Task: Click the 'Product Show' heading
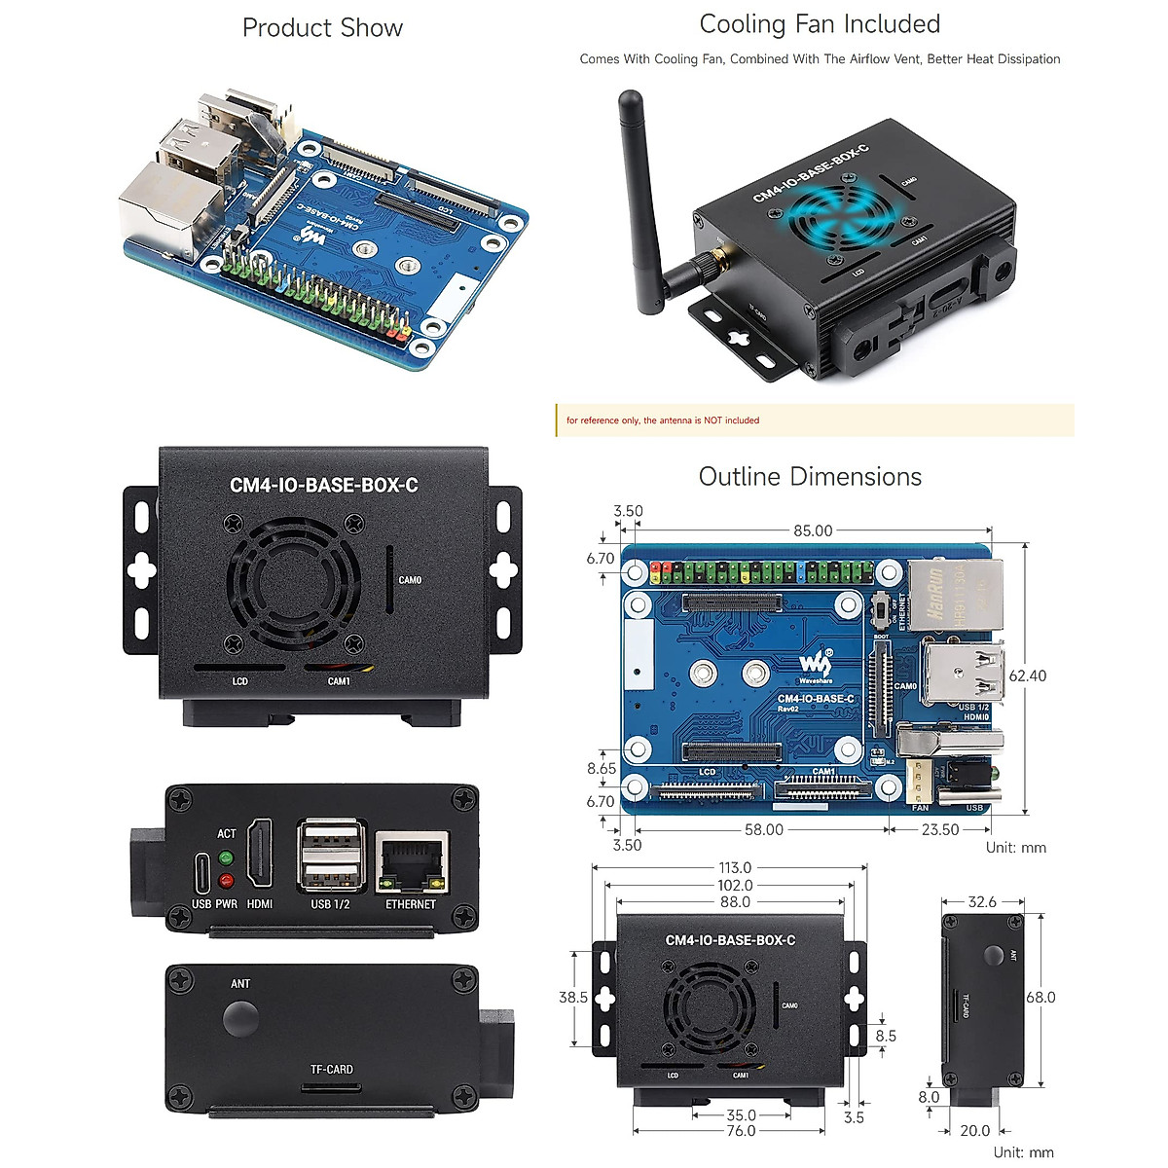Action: pyautogui.click(x=322, y=28)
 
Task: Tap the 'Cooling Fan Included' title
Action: pyautogui.click(x=820, y=24)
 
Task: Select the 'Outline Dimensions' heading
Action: pyautogui.click(x=810, y=477)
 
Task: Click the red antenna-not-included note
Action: pyautogui.click(x=663, y=420)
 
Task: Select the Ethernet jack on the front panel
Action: pyautogui.click(x=412, y=861)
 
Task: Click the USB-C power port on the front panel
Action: pyautogui.click(x=201, y=872)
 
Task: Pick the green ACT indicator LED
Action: pyautogui.click(x=227, y=858)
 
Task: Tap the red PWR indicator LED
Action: pyautogui.click(x=227, y=882)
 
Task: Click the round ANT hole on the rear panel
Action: pyautogui.click(x=240, y=1018)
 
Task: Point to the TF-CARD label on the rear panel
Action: pyautogui.click(x=332, y=1069)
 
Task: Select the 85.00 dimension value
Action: pyautogui.click(x=813, y=531)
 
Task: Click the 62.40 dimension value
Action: pyautogui.click(x=1026, y=675)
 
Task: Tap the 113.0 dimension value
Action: pyautogui.click(x=735, y=868)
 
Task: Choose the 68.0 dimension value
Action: pyautogui.click(x=1040, y=997)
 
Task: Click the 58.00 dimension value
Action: pyautogui.click(x=763, y=829)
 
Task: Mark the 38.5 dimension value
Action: pyautogui.click(x=573, y=997)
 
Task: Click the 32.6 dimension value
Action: pyautogui.click(x=982, y=902)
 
